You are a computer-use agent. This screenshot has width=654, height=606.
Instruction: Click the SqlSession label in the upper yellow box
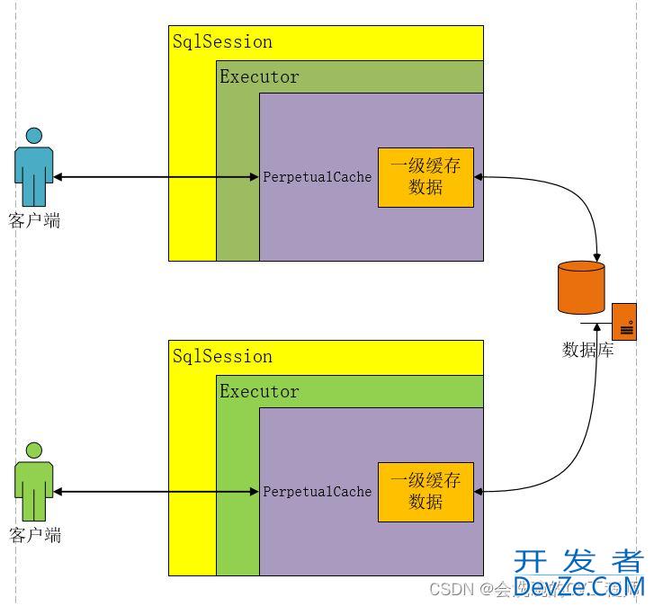point(222,41)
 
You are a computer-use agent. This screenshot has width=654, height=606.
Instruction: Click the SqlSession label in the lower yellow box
point(222,356)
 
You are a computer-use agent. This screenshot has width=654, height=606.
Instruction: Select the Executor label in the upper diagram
point(259,76)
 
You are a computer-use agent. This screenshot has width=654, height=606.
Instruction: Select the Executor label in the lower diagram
point(259,391)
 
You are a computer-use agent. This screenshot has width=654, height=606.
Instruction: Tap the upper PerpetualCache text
point(317,177)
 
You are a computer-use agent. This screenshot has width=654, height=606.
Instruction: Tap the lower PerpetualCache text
point(317,492)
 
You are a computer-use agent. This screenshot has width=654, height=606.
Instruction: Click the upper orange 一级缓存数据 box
point(426,177)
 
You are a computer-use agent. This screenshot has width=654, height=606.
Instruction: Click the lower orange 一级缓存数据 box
point(426,492)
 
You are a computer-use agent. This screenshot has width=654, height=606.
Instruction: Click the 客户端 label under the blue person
point(34,220)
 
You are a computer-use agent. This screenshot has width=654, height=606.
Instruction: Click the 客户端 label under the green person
point(34,535)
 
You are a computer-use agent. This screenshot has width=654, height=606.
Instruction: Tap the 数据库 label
point(588,350)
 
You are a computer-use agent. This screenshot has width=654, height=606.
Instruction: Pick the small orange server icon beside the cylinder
point(624,322)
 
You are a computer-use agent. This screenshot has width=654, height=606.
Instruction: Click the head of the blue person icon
point(34,136)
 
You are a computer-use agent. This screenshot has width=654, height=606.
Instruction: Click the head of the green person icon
point(34,450)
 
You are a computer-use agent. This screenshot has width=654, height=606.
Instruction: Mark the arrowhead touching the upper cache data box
point(479,177)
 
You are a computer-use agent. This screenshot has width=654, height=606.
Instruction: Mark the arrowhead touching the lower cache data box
point(479,492)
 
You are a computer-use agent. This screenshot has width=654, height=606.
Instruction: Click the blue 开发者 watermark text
point(578,562)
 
